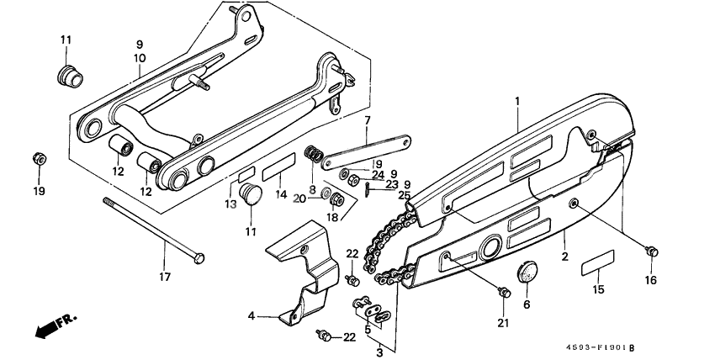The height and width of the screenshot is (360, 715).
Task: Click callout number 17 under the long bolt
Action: (165, 276)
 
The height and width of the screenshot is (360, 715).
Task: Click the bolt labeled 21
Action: (505, 292)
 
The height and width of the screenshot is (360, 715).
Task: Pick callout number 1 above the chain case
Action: (518, 101)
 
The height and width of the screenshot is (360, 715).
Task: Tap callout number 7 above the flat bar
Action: (368, 121)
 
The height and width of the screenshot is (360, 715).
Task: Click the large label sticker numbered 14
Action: (276, 173)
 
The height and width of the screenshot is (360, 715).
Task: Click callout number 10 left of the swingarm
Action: (140, 58)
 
